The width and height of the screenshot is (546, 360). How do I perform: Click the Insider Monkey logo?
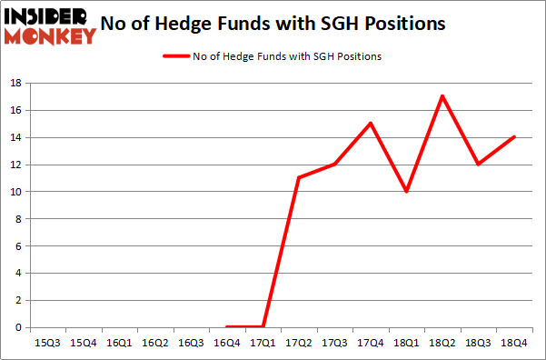click(x=50, y=25)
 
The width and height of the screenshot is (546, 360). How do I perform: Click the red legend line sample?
click(x=176, y=56)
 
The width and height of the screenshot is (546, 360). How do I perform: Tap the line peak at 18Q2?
click(x=442, y=96)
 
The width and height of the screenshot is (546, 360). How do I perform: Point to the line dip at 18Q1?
click(x=407, y=192)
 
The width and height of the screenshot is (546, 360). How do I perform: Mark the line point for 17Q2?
click(x=299, y=177)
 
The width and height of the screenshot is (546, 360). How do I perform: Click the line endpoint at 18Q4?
click(x=514, y=137)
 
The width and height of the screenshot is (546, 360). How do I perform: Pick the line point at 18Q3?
click(x=479, y=165)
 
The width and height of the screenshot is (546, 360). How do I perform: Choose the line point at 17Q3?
click(x=335, y=165)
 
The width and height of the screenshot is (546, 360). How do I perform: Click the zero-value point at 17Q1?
click(x=263, y=327)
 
